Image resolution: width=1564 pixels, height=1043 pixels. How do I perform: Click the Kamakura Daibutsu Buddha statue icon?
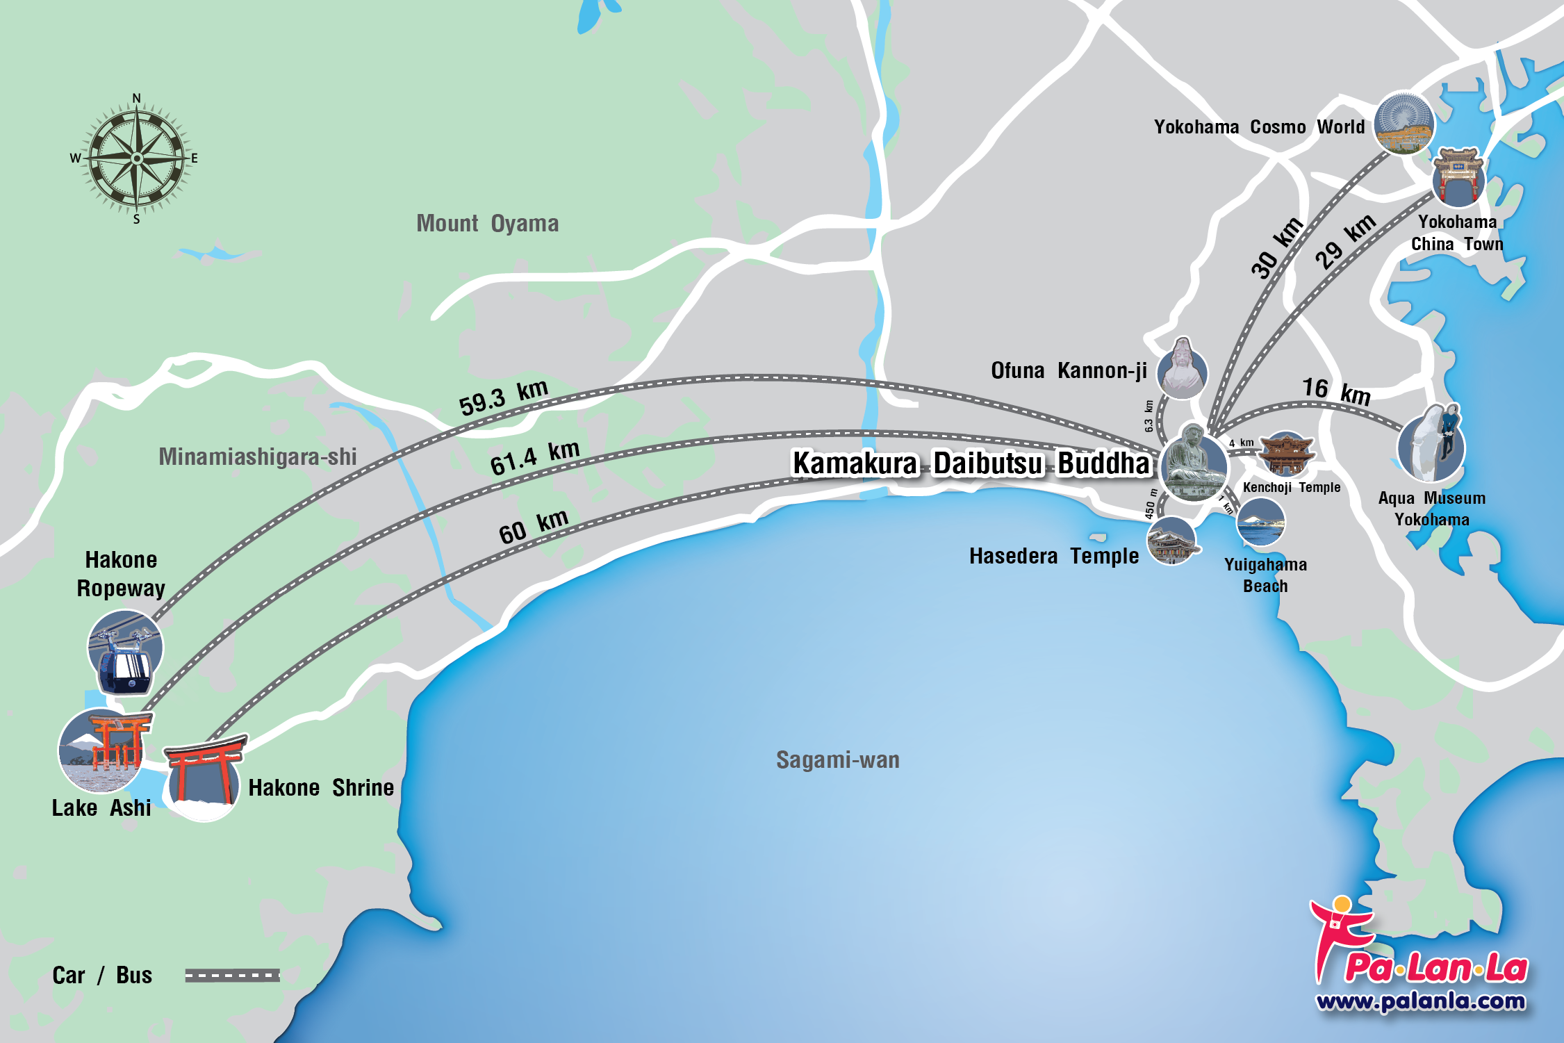[x=1194, y=463]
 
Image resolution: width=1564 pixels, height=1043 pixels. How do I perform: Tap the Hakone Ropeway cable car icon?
[x=125, y=652]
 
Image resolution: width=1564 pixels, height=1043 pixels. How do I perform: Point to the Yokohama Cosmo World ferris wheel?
[x=1404, y=123]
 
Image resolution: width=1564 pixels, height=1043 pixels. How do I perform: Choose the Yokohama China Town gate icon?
[x=1458, y=178]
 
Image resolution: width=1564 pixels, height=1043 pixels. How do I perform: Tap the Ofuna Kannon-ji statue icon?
[x=1182, y=368]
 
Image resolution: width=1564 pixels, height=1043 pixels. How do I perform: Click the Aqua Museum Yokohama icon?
[x=1432, y=445]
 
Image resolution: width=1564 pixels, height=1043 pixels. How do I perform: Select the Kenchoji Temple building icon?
[x=1286, y=453]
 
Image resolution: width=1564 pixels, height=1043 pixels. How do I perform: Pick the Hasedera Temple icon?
[x=1172, y=541]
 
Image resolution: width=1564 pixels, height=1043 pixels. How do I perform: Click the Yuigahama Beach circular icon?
[x=1261, y=522]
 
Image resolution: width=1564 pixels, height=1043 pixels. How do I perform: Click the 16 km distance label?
[x=1335, y=391]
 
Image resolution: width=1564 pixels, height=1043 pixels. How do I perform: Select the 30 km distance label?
[x=1276, y=247]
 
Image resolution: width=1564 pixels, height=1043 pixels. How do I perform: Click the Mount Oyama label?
[x=487, y=224]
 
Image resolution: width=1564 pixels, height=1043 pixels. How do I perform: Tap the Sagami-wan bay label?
[x=837, y=760]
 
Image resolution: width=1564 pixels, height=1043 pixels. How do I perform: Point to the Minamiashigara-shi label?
[x=257, y=457]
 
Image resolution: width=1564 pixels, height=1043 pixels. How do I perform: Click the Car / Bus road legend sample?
[x=232, y=976]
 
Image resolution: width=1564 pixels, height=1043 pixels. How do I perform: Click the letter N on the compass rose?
[x=137, y=99]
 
